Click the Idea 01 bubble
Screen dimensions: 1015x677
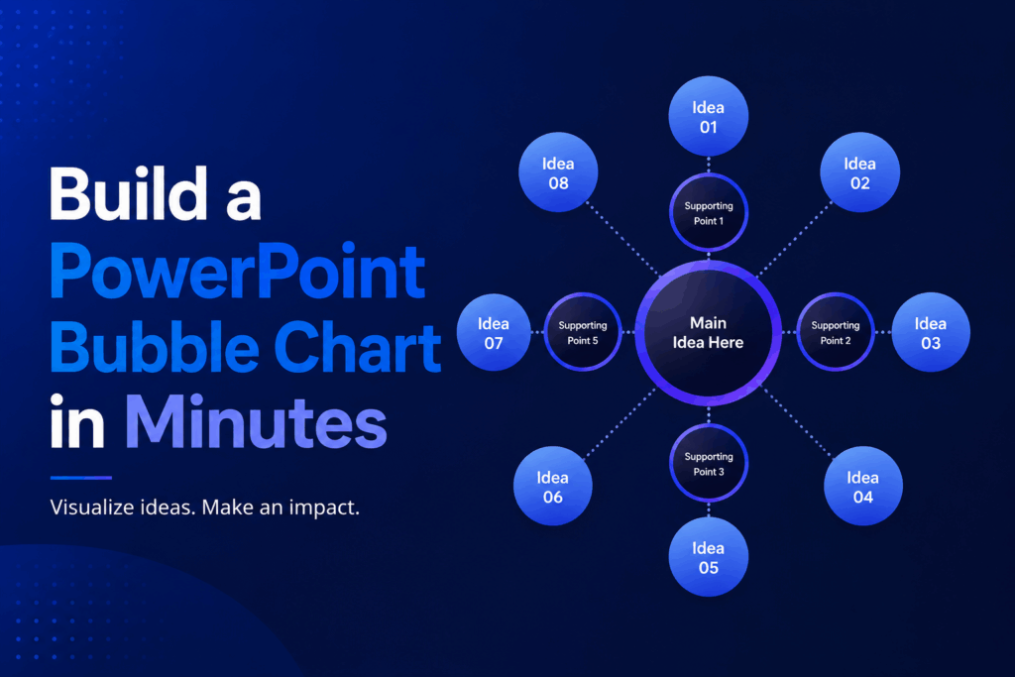(708, 117)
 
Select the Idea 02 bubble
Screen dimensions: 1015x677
(859, 172)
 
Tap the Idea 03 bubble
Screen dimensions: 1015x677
(930, 332)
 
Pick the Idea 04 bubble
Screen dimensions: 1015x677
(863, 486)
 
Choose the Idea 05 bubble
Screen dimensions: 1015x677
(708, 557)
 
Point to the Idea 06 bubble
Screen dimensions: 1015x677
(553, 486)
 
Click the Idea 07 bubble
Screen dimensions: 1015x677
(494, 332)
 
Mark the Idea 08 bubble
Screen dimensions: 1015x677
(558, 172)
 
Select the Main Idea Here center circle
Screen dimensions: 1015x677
(708, 333)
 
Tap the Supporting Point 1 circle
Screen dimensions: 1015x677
(708, 212)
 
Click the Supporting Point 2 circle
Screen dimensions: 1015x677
(835, 332)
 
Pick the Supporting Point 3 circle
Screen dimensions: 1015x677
(708, 464)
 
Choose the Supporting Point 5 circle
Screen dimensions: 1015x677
(583, 332)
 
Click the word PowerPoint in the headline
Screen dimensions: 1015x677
(238, 272)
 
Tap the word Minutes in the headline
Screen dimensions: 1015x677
(256, 421)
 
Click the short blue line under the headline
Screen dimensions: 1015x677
(81, 478)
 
